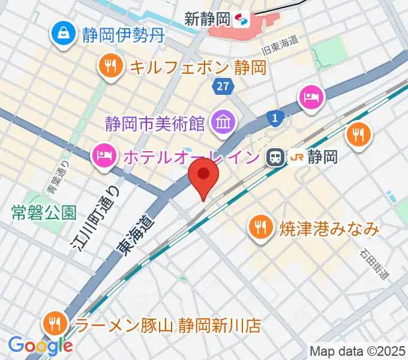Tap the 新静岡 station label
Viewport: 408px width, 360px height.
pos(208,19)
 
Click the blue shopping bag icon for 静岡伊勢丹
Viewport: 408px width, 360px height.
pos(62,33)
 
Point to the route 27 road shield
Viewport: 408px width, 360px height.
pos(223,86)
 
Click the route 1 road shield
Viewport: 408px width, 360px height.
pos(275,119)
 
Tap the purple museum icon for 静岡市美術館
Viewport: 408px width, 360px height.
pos(222,123)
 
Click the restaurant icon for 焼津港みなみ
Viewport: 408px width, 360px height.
pos(259,227)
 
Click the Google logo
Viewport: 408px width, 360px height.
pos(40,345)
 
